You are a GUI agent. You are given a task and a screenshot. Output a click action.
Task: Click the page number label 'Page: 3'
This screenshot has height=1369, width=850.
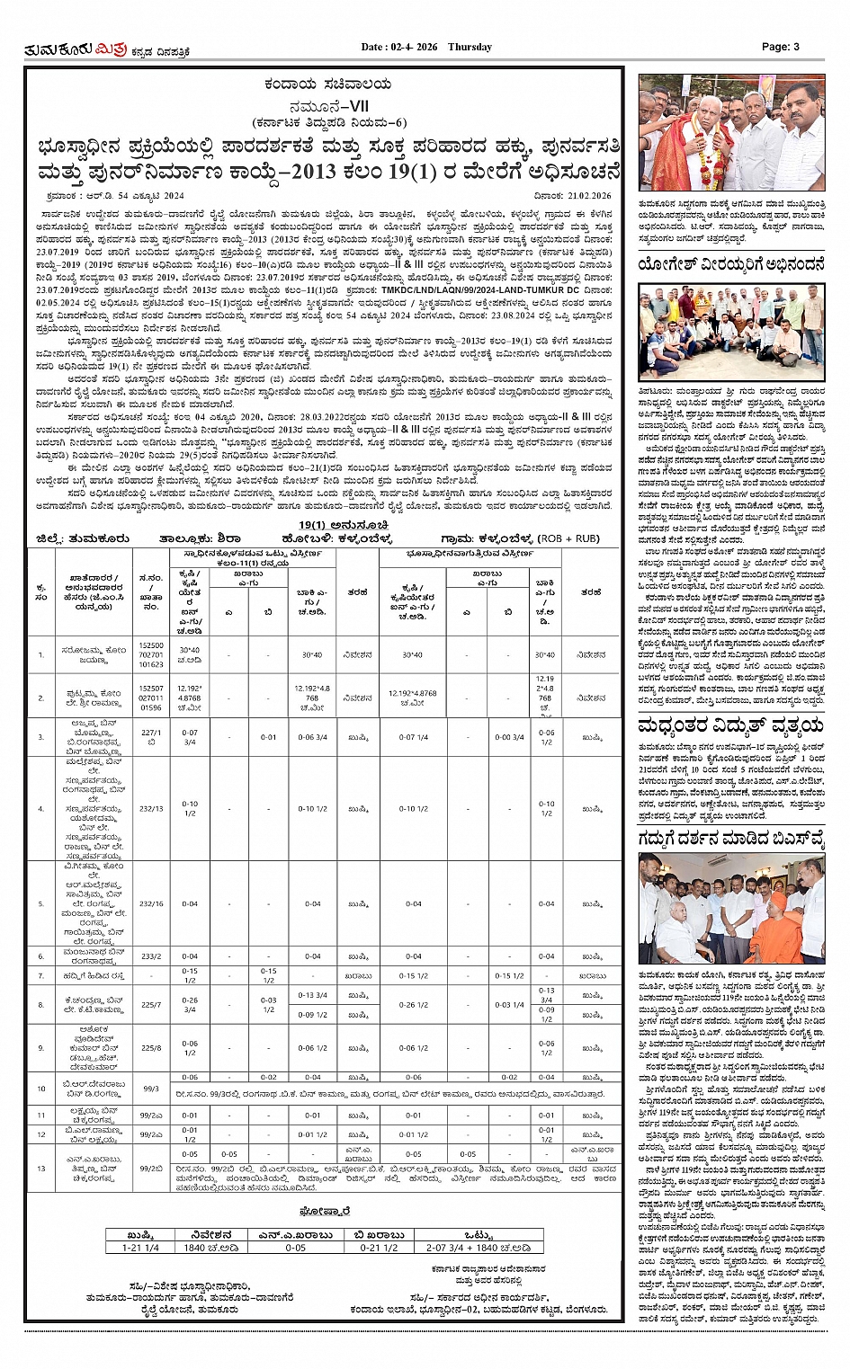(x=780, y=47)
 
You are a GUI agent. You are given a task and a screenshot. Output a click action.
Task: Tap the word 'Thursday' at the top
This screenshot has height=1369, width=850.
(x=470, y=47)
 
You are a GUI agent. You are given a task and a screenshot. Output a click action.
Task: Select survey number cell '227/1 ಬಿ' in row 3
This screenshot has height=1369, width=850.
(x=151, y=737)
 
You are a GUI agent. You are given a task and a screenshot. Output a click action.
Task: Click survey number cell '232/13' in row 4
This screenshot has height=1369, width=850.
(x=151, y=809)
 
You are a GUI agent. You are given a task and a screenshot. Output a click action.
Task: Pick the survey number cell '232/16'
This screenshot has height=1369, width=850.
(x=151, y=904)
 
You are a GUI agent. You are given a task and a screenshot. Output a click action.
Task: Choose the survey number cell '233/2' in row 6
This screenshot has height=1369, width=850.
(x=151, y=956)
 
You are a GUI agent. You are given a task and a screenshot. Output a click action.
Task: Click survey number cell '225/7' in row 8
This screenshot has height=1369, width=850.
(x=151, y=1005)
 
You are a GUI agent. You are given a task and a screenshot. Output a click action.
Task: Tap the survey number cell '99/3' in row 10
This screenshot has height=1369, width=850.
(x=151, y=1089)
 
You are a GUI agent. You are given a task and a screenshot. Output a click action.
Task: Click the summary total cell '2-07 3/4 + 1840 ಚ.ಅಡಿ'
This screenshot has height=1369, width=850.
(x=479, y=1248)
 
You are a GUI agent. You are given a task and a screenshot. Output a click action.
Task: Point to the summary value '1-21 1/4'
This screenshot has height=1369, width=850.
(x=140, y=1248)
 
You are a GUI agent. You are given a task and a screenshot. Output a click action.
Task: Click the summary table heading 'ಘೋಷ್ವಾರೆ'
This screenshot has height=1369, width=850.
(x=326, y=1212)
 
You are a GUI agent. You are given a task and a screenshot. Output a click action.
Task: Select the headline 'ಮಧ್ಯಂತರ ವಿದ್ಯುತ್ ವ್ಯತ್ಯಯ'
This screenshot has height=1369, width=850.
(x=730, y=726)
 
